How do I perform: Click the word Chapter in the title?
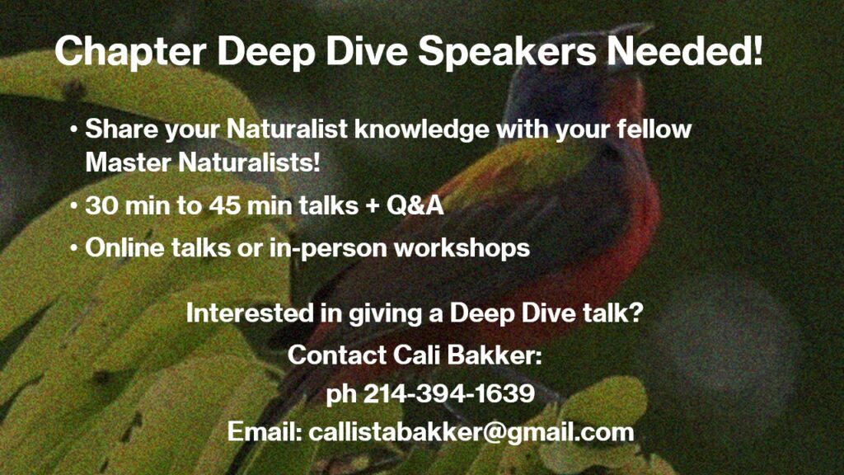(x=130, y=52)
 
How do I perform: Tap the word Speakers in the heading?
(x=507, y=52)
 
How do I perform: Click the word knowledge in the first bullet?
(x=421, y=129)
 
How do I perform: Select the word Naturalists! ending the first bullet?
(x=249, y=162)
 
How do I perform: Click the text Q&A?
(x=415, y=205)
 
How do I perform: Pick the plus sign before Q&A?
(x=372, y=206)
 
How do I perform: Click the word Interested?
(x=250, y=313)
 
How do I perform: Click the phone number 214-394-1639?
(x=449, y=393)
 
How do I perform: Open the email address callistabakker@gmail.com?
(x=471, y=433)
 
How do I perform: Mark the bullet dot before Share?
(x=73, y=129)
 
